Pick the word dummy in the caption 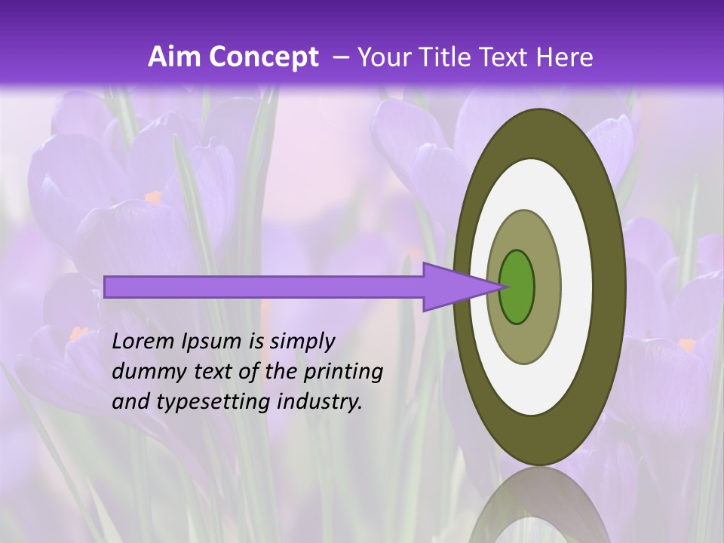click(148, 371)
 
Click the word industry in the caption click(320, 402)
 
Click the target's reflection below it click(539, 505)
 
